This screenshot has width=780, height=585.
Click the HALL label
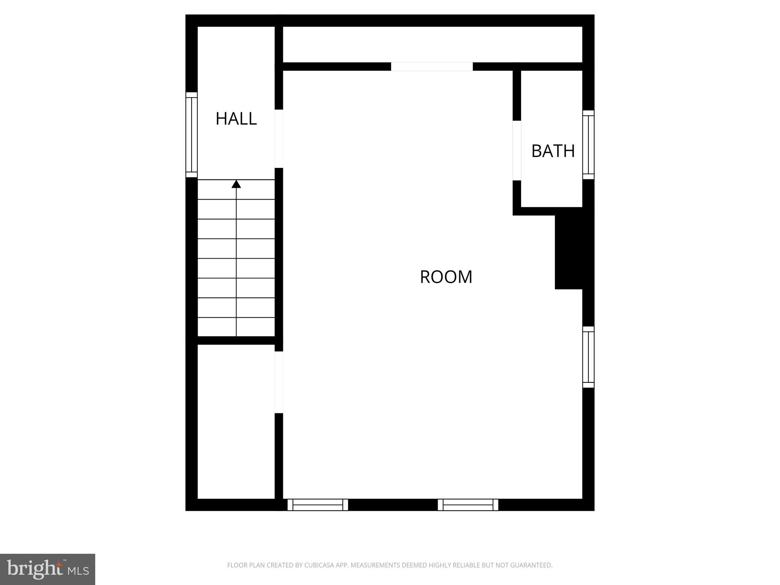coord(236,119)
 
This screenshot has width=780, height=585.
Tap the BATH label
coord(553,151)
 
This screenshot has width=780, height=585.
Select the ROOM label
coord(446,277)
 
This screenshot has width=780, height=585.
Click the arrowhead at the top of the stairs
coord(236,184)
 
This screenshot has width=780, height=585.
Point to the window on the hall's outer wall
coord(192,135)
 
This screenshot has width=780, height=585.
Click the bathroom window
coord(588,145)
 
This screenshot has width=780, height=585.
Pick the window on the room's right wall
coord(588,357)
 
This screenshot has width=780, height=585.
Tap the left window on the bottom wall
coord(318,505)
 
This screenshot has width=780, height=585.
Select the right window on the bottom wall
coord(468,505)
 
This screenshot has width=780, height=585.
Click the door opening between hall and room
coord(279,139)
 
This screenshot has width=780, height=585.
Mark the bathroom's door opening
coord(516,150)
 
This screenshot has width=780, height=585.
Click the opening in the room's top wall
coord(432,67)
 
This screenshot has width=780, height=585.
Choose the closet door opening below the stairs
coord(279,382)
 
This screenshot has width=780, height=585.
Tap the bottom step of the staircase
coord(236,327)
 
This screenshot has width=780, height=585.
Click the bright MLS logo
coord(48,569)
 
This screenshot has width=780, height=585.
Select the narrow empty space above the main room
coord(432,45)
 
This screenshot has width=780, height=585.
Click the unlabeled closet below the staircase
coord(236,421)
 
